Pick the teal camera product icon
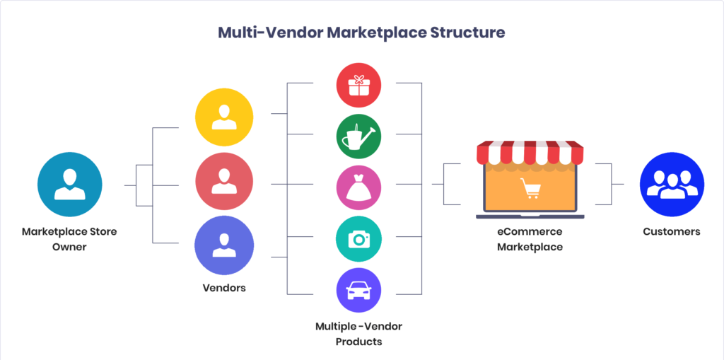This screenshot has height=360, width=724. pos(358,239)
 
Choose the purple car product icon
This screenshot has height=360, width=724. pos(358,290)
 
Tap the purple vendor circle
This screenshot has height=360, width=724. pos(224,245)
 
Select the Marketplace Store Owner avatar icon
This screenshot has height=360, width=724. pos(69,185)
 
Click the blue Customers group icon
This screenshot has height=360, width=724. pos(672,185)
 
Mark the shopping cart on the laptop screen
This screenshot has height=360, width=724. pos(530,188)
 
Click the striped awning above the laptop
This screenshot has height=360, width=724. pos(530,151)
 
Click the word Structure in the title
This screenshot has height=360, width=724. pos(467,33)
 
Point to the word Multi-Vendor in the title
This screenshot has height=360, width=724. pos(268,33)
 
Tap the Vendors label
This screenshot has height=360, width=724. pos(223,288)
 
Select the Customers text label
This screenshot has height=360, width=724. pos(672,231)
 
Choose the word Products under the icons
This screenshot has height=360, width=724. pos(358,342)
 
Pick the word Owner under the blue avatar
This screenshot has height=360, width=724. pos(69,247)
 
